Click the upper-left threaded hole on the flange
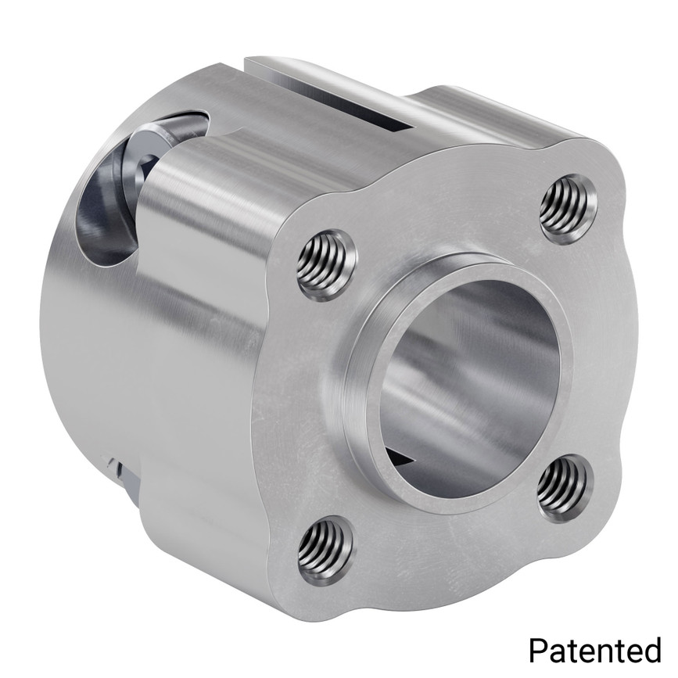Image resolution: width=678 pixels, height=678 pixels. pyautogui.click(x=325, y=264)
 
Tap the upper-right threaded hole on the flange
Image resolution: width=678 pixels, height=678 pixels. pyautogui.click(x=569, y=209)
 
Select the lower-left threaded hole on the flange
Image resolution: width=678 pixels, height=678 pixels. pyautogui.click(x=326, y=551)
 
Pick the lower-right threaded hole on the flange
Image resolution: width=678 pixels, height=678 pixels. pyautogui.click(x=565, y=487)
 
